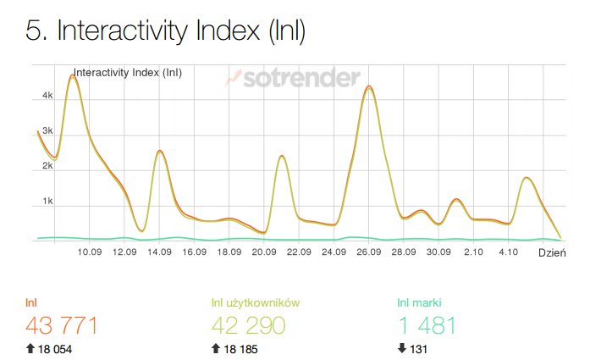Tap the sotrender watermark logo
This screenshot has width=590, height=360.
pyautogui.click(x=292, y=79)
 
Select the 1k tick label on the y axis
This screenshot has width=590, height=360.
pyautogui.click(x=47, y=202)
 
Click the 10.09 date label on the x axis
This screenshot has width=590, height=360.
pyautogui.click(x=90, y=252)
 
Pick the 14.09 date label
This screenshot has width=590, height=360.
pyautogui.click(x=160, y=252)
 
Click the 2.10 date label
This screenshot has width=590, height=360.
pyautogui.click(x=473, y=252)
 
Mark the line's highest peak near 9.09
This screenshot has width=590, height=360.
pyautogui.click(x=73, y=76)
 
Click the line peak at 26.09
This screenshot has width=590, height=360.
pyautogui.click(x=368, y=86)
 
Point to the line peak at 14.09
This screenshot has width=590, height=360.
pyautogui.click(x=160, y=151)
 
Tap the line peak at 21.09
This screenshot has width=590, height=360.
pyautogui.click(x=282, y=156)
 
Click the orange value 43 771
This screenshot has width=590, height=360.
pyautogui.click(x=62, y=325)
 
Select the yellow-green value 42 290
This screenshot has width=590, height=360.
pyautogui.click(x=251, y=325)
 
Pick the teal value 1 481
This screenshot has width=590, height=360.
pyautogui.click(x=427, y=325)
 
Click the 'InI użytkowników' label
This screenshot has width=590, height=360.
pyautogui.click(x=256, y=302)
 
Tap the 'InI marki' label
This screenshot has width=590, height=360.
pyautogui.click(x=420, y=302)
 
